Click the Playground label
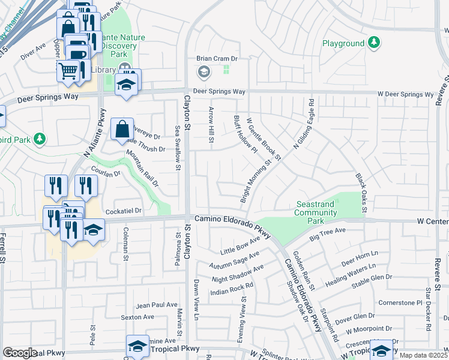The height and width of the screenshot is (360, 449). click(343, 43)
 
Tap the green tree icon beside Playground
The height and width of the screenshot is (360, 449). click(375, 43)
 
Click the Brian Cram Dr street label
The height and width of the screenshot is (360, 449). click(217, 59)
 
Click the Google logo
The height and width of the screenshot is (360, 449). click(20, 353)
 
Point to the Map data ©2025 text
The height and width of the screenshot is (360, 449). click(423, 355)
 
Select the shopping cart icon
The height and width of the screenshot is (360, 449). click(68, 71)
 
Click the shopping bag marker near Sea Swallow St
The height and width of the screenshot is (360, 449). click(121, 129)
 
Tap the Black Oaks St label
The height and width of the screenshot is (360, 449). click(360, 193)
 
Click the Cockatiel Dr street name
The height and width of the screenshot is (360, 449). click(123, 211)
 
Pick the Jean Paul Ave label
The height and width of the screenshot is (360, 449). click(157, 305)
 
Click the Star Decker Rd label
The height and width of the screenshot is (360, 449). click(429, 309)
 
